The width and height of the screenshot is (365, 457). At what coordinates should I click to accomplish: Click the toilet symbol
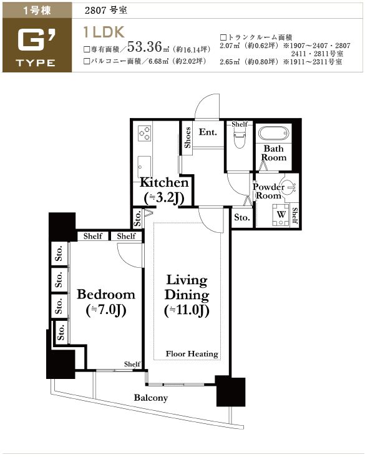click(240, 138)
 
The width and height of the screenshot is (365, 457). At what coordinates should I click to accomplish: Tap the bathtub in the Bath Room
click(273, 134)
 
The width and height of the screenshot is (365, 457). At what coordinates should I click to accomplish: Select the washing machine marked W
click(281, 215)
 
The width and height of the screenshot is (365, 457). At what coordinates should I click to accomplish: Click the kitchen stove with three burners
click(145, 133)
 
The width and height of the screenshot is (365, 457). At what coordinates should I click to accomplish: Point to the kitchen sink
click(144, 167)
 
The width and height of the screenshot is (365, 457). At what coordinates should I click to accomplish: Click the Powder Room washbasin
click(289, 187)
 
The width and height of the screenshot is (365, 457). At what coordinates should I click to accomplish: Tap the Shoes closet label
click(188, 137)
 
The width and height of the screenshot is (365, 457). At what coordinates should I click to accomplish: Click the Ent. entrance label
click(208, 132)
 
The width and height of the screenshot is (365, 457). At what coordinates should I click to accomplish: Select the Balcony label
click(151, 398)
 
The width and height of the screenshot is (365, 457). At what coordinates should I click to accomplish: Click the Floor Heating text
click(192, 353)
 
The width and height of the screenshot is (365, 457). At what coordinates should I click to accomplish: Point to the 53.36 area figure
click(145, 46)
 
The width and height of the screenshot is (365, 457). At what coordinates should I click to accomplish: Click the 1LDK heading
click(104, 32)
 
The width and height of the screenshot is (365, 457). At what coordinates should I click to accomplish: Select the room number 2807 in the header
click(95, 11)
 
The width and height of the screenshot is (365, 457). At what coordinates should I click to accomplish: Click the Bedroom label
click(106, 295)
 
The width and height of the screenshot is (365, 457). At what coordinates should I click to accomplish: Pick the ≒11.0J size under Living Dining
click(187, 310)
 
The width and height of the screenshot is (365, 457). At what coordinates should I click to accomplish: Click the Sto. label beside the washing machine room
click(242, 217)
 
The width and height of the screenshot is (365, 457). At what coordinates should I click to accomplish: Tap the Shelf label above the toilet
click(240, 124)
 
